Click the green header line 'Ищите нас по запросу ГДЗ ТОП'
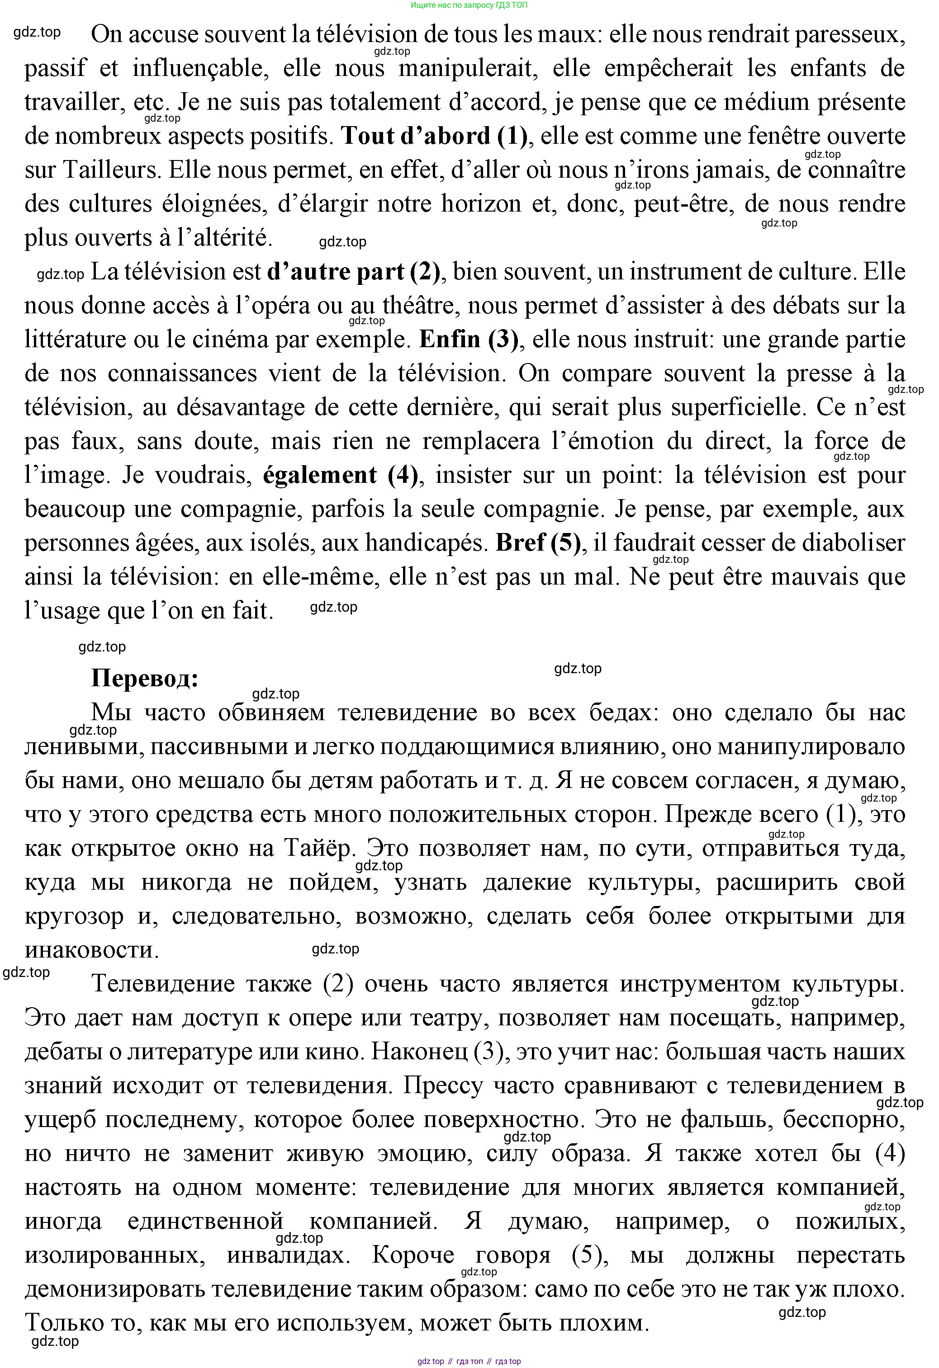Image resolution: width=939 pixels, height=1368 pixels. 469,5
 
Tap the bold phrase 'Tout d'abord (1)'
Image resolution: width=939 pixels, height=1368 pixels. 434,137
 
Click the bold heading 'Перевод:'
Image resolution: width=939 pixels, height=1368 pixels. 144,678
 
